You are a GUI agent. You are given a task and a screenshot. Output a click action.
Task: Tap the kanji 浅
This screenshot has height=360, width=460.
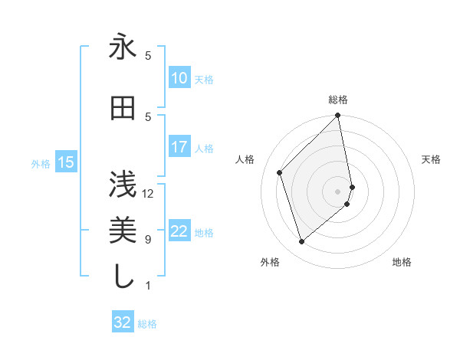[x=123, y=185]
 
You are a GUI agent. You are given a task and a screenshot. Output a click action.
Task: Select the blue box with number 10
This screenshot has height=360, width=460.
[x=179, y=78]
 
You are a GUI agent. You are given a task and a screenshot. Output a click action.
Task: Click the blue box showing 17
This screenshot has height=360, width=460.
[x=179, y=147]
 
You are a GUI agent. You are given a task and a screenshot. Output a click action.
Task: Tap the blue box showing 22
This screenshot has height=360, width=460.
[x=179, y=231]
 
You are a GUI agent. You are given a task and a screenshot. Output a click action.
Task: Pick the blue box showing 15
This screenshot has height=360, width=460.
[x=65, y=162]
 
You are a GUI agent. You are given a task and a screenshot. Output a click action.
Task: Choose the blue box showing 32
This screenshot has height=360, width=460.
[x=122, y=322]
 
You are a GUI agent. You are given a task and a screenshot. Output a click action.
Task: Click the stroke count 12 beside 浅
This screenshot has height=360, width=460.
[x=148, y=193]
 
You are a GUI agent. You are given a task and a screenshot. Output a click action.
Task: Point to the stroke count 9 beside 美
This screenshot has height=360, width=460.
[x=148, y=240]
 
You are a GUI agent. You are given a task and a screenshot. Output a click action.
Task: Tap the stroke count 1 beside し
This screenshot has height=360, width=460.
[x=148, y=286]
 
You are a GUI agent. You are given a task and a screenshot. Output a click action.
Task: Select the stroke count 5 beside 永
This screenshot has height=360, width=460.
[x=148, y=56]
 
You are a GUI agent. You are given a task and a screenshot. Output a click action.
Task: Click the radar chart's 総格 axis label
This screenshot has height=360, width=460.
[x=338, y=100]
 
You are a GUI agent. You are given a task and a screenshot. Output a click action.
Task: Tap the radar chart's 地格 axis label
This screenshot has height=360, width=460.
[x=402, y=263]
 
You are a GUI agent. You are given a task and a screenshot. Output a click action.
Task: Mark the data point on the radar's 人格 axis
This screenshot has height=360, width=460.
[x=280, y=172]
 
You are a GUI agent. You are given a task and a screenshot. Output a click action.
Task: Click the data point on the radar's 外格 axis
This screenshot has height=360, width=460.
[x=302, y=242]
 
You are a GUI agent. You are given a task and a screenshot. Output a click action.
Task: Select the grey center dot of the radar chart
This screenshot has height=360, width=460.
[x=338, y=191]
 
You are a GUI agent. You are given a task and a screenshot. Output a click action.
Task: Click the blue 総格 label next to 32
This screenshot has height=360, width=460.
[x=147, y=324]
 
